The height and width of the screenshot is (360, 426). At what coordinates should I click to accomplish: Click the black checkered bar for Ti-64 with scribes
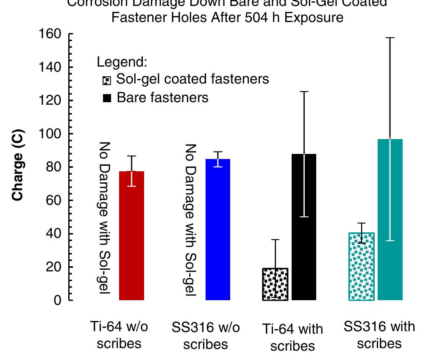coord(276,284)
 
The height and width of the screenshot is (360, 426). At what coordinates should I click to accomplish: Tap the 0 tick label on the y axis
coord(58,301)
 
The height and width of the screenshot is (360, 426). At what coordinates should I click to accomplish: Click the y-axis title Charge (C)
coord(17,165)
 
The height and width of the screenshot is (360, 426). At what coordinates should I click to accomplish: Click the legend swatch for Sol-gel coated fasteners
coord(107,80)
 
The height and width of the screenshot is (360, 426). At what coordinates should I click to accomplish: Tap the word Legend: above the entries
coord(122,62)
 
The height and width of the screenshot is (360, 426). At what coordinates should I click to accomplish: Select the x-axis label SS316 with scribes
coord(379,335)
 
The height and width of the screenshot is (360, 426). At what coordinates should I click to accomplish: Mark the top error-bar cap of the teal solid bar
coord(390,38)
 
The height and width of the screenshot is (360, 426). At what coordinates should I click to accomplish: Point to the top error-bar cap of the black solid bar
coord(304,92)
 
